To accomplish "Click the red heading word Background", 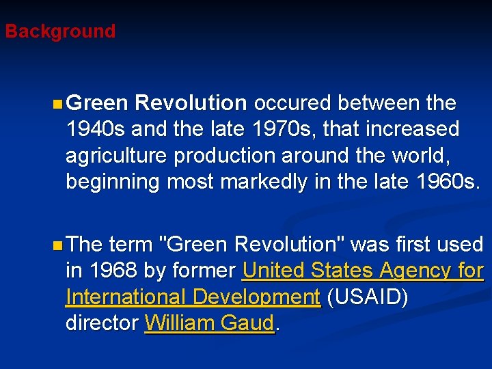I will (x=60, y=31).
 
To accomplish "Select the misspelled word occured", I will (x=293, y=103).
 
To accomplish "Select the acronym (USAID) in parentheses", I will (x=368, y=297).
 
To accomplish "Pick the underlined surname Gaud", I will (x=249, y=323).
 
